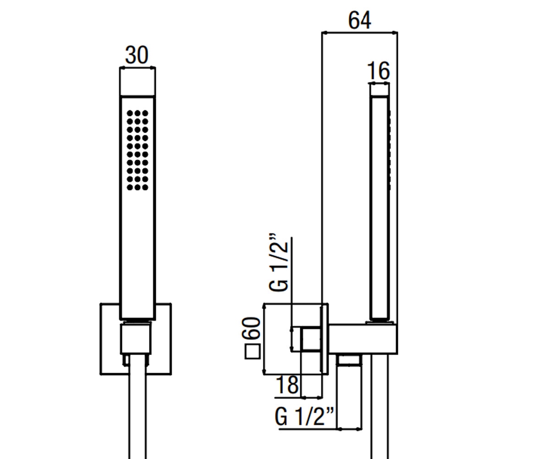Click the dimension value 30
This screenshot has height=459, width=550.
pos(137,55)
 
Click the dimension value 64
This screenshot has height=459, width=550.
pos(359,20)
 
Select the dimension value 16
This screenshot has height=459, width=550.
pos(378,71)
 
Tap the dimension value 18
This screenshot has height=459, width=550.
pos(287,385)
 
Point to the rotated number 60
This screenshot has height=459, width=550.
pos(251,328)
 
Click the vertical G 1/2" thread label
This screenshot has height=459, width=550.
pos(279,262)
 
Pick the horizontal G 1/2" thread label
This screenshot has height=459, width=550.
pos(304,416)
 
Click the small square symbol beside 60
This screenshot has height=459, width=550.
pos(253,352)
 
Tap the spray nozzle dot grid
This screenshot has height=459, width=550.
pos(137,150)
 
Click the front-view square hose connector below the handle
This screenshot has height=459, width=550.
pos(136,339)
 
